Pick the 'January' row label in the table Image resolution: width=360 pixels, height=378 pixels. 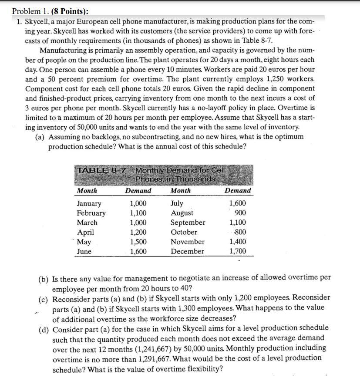pyautogui.click(x=89, y=203)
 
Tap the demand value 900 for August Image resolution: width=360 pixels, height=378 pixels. pyautogui.click(x=239, y=213)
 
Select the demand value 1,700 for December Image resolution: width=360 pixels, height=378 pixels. pyautogui.click(x=237, y=251)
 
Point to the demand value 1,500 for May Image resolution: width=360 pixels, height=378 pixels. pyautogui.click(x=138, y=242)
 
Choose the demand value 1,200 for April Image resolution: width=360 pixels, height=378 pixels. pyautogui.click(x=138, y=232)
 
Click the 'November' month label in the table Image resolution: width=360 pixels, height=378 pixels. pyautogui.click(x=188, y=242)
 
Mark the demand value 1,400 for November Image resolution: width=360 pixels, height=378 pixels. pyautogui.click(x=237, y=242)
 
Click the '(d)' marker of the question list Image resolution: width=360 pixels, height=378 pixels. pyautogui.click(x=44, y=328)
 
